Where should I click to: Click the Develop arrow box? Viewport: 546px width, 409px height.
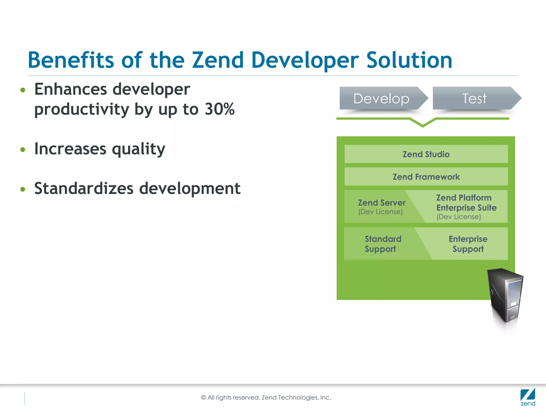381,99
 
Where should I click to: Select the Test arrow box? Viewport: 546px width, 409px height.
475,99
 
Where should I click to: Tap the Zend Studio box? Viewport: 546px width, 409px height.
426,154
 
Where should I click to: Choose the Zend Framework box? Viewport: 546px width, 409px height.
426,177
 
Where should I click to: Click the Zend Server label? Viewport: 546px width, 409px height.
382,203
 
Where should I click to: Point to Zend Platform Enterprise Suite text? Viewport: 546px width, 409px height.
466,203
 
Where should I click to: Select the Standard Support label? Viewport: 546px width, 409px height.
383,244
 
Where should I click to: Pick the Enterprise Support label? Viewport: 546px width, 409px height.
468,244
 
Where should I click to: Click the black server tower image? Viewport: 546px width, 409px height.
505,296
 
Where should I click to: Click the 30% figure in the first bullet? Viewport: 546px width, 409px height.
219,109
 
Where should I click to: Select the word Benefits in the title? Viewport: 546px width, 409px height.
71,60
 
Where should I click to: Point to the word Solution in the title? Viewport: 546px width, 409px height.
409,60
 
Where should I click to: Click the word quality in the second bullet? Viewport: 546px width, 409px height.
138,149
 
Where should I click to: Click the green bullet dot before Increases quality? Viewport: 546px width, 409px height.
23,150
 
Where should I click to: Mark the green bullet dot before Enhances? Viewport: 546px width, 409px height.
23,90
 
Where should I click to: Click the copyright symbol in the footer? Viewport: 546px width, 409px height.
204,398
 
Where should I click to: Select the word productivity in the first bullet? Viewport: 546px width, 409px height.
82,110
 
